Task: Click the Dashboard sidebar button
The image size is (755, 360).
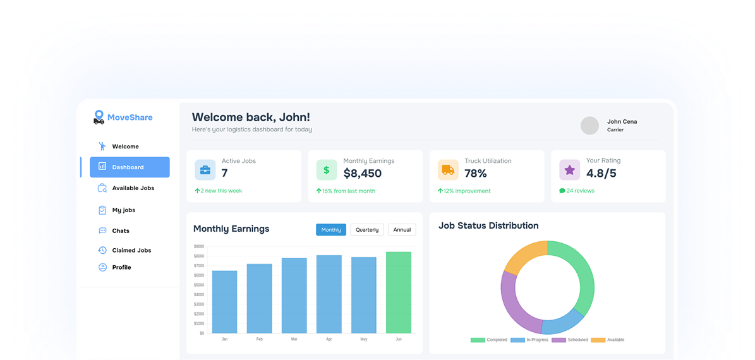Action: click(130, 167)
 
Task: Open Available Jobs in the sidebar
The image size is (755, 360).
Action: click(133, 188)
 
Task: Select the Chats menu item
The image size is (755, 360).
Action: click(120, 231)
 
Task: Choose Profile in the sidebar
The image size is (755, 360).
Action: click(121, 268)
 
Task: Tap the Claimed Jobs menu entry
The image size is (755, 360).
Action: click(131, 251)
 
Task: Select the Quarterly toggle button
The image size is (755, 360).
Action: click(367, 230)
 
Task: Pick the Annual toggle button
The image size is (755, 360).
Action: click(402, 230)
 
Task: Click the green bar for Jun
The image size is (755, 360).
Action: click(398, 292)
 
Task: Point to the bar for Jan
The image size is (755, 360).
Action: click(224, 302)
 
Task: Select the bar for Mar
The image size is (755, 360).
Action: click(294, 296)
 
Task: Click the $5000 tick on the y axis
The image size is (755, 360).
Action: click(199, 285)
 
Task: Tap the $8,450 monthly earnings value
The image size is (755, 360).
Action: click(363, 174)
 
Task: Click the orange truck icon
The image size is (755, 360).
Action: click(448, 170)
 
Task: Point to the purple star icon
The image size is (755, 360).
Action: click(569, 170)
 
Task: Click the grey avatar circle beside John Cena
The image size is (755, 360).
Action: click(589, 126)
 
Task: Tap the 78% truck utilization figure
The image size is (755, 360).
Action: click(476, 174)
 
